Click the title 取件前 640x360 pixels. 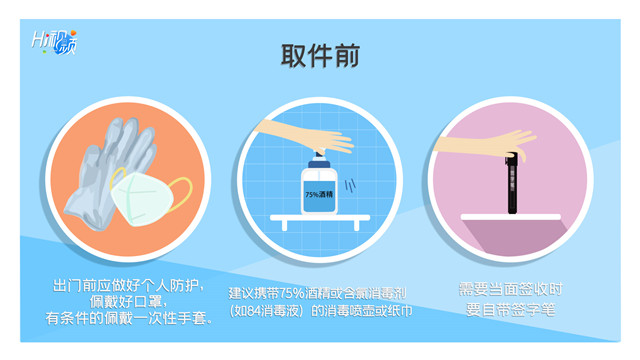(x=320, y=56)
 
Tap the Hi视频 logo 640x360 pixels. (x=54, y=42)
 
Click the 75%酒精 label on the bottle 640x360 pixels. (x=319, y=195)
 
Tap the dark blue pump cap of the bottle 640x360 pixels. (x=319, y=164)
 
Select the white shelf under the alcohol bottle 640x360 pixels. (x=320, y=220)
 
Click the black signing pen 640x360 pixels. (x=512, y=183)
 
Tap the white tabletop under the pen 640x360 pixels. (x=511, y=217)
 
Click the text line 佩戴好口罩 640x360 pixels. (x=128, y=302)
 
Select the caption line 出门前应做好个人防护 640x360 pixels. (x=128, y=286)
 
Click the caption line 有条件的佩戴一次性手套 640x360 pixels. (x=129, y=318)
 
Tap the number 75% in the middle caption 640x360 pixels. (x=292, y=293)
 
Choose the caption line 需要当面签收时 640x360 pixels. (x=511, y=289)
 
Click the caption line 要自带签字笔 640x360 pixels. (x=511, y=310)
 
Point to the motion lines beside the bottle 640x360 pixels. (x=350, y=186)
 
